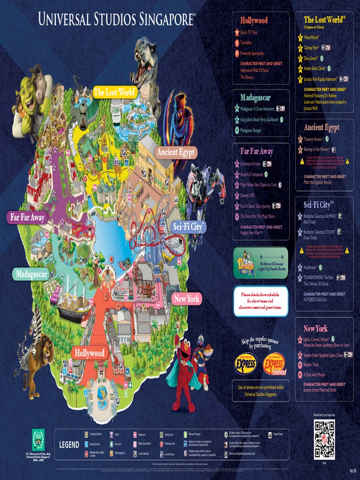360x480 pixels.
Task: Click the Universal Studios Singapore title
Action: [x=117, y=20]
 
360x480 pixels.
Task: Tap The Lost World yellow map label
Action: [x=115, y=92]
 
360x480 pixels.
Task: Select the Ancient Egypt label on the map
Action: [x=176, y=152]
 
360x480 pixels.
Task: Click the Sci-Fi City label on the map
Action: [x=188, y=227]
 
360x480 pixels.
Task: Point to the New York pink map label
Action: [x=186, y=299]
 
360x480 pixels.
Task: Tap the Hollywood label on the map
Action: [x=90, y=352]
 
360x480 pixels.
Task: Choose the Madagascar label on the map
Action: [x=31, y=274]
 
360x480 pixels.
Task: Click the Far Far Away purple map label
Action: [x=28, y=217]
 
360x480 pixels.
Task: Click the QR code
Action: [x=324, y=434]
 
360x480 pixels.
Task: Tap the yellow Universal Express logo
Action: [x=246, y=363]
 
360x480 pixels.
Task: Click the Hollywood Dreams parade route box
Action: [x=260, y=262]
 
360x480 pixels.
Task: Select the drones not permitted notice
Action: [x=261, y=390]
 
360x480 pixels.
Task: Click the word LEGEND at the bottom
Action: [x=69, y=444]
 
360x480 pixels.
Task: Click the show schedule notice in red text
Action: [x=260, y=301]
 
